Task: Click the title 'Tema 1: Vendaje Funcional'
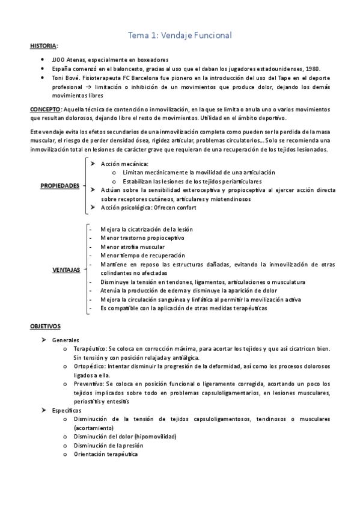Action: [180, 35]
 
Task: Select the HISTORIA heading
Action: [44, 46]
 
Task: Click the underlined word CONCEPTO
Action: [45, 109]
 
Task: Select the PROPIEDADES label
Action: [59, 186]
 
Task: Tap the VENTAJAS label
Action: [66, 270]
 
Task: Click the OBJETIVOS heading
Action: [45, 325]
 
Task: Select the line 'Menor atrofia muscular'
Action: [133, 246]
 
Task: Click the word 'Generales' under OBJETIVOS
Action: [66, 340]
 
